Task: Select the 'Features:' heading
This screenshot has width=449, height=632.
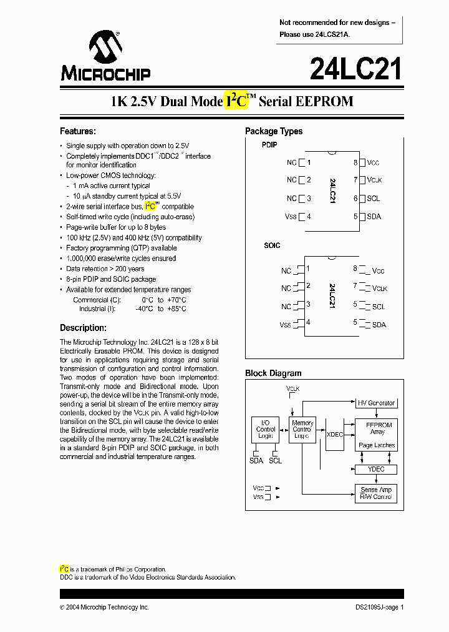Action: (77, 131)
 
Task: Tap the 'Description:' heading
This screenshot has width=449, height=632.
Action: (83, 328)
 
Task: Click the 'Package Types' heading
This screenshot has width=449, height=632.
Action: (274, 131)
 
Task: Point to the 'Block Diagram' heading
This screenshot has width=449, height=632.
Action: (273, 373)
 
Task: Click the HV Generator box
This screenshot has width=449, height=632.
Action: (376, 403)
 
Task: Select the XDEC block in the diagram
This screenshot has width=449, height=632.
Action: (335, 434)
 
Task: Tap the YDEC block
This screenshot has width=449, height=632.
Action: (376, 469)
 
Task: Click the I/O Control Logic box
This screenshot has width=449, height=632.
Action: (266, 430)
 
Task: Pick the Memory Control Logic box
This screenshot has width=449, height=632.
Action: (302, 430)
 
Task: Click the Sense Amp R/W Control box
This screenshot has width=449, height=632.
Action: (376, 493)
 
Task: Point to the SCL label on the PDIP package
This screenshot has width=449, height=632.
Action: (373, 199)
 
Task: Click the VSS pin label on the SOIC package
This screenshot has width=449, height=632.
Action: (285, 325)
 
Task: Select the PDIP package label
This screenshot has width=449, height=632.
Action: (269, 145)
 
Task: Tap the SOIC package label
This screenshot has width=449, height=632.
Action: (272, 245)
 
